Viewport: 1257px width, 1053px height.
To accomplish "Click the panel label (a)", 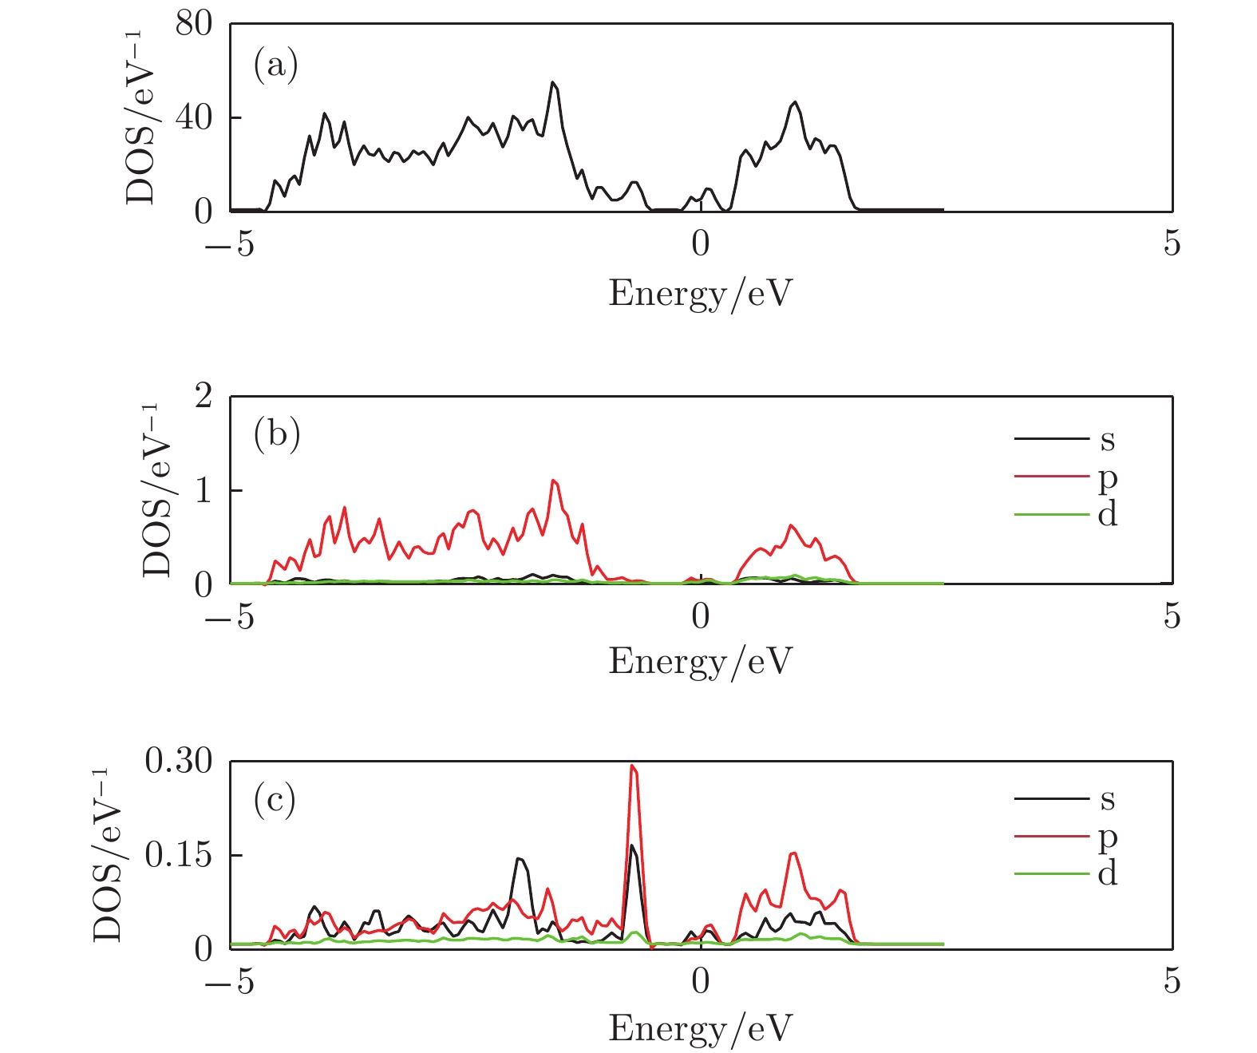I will [x=275, y=65].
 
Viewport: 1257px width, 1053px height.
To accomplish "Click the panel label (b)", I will [x=276, y=435].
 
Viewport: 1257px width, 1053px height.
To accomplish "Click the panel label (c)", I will [x=275, y=799].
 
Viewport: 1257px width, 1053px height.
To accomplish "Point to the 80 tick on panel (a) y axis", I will [x=194, y=25].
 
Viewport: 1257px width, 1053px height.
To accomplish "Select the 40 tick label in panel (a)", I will [x=194, y=118].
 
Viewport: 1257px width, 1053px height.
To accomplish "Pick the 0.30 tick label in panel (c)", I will [x=178, y=762].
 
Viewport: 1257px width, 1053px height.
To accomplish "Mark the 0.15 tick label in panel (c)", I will [x=178, y=855].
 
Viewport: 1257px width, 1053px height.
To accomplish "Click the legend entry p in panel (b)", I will [x=1107, y=477].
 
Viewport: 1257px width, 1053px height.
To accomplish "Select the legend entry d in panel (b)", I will [x=1107, y=514].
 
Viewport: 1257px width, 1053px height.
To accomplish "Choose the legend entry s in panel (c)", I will [x=1107, y=799].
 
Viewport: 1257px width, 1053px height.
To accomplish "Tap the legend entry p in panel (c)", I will [x=1107, y=837].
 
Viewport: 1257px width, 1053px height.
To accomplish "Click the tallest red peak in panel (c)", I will [x=632, y=766].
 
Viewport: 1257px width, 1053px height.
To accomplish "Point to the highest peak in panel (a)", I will [x=552, y=82].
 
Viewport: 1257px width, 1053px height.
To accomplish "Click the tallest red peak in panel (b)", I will [x=553, y=481].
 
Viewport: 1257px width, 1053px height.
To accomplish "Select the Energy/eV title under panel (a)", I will [x=700, y=293].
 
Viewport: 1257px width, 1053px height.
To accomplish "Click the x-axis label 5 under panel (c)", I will [x=1171, y=981].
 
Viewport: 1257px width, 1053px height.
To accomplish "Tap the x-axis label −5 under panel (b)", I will [x=230, y=616].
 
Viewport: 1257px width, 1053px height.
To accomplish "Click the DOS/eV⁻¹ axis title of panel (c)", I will [x=107, y=854].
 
